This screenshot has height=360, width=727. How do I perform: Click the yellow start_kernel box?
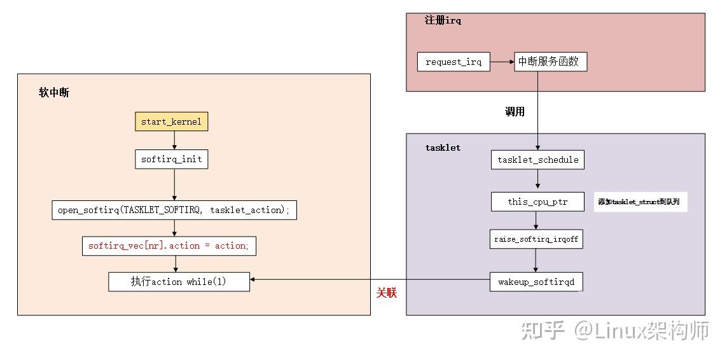coord(171,121)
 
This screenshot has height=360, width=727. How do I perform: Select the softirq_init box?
coord(171,159)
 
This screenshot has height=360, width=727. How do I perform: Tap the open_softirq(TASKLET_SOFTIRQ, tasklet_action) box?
coord(174,210)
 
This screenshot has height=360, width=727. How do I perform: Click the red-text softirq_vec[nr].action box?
coord(169,246)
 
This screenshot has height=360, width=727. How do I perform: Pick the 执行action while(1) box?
coord(179,281)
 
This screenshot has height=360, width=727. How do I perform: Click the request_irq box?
coord(454,62)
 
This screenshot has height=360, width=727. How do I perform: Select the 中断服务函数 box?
coord(550,62)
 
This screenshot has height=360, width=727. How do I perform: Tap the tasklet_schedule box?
coord(537,160)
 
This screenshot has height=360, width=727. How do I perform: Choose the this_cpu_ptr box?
coord(537,202)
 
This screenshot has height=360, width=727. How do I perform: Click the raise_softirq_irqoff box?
coord(536,239)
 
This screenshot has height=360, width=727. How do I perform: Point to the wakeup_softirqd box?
coord(536,281)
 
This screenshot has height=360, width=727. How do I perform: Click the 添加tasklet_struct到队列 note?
coord(641,202)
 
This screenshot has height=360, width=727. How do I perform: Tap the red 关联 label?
coord(386,293)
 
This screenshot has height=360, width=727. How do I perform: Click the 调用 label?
coord(514,111)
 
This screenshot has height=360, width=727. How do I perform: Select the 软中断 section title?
coord(54,93)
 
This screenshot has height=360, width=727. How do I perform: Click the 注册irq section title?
coord(443,20)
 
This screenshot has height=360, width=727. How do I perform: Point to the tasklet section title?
coord(443,148)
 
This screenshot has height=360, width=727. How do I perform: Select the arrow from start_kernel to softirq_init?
coord(174,141)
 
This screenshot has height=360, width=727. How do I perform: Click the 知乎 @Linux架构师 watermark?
coord(614,330)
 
